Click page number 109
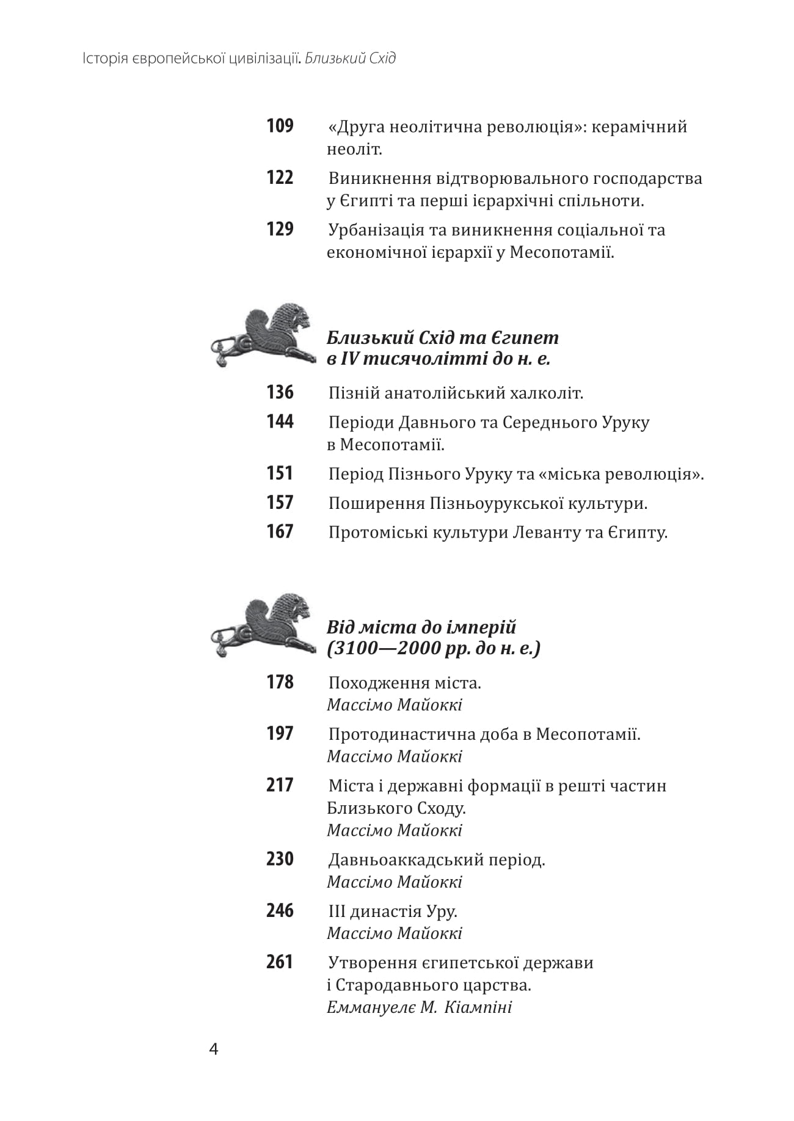click(x=280, y=126)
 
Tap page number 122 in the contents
click(x=280, y=178)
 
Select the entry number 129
click(x=280, y=229)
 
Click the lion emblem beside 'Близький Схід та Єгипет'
click(x=263, y=334)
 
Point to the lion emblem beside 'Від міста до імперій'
click(x=263, y=624)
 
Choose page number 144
click(x=280, y=422)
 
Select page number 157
click(x=280, y=503)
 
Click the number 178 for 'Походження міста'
click(x=280, y=682)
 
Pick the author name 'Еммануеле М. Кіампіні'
click(x=419, y=1007)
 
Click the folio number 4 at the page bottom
click(x=214, y=1050)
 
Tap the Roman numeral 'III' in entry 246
click(x=337, y=911)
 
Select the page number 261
click(x=280, y=962)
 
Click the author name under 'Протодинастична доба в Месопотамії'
click(x=395, y=757)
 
